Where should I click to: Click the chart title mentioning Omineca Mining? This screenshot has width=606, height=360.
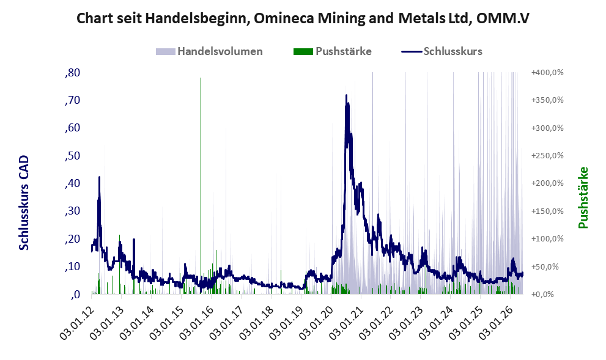303,18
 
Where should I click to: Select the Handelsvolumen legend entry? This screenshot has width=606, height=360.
209,51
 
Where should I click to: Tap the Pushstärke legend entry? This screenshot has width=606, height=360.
333,51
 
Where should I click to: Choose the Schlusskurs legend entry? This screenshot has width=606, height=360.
442,51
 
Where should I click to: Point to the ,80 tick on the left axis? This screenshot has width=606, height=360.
72,73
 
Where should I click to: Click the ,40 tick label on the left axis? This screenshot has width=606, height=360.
72,183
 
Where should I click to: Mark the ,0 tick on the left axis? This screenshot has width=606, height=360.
75,295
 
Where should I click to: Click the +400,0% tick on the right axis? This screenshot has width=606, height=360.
547,73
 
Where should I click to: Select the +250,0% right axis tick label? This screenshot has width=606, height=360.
547,156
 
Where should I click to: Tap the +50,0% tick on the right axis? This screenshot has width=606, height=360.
549,266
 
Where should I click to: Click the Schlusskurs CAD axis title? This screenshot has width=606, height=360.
24,203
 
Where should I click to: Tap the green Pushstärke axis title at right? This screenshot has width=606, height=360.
583,198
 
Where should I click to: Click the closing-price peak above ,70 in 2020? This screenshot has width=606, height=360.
346,95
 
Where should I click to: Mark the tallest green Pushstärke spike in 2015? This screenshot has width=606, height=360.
201,78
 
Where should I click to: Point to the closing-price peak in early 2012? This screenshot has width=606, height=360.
99,177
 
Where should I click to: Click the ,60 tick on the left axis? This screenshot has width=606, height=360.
72,128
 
